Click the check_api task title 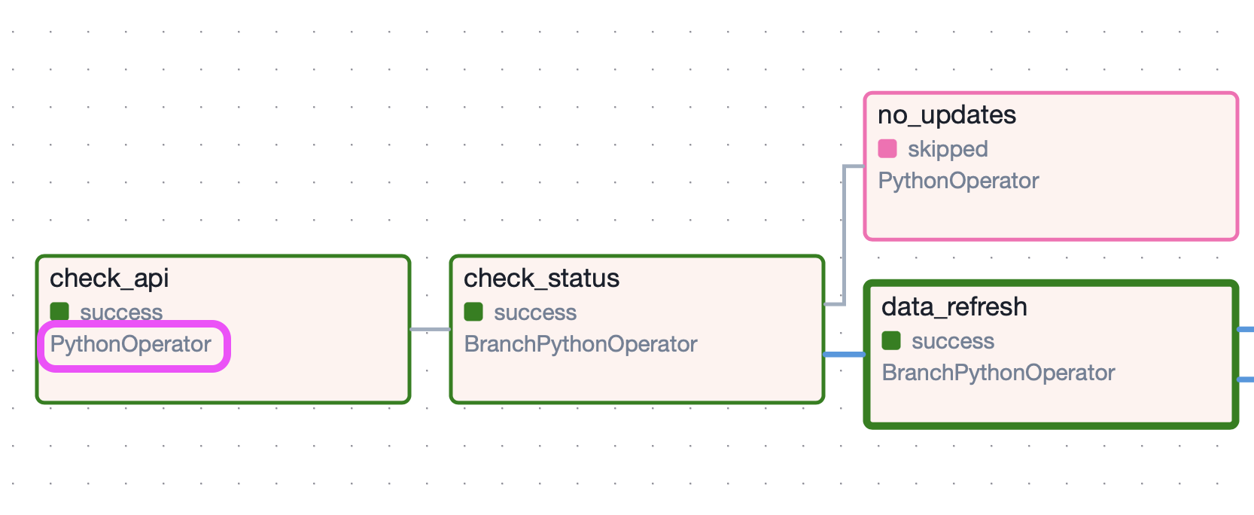[109, 279]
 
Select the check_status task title [541, 279]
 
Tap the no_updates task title [946, 115]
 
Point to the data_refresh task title [954, 307]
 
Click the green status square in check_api [59, 312]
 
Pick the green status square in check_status [473, 312]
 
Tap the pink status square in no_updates [887, 148]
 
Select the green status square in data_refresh [891, 341]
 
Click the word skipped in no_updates [948, 149]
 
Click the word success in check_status [534, 312]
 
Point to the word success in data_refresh [952, 341]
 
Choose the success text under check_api [121, 312]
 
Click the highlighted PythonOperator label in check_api [131, 345]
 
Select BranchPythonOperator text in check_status [580, 344]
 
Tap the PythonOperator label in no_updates [958, 181]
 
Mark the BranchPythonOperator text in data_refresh [998, 373]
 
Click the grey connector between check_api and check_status [430, 329]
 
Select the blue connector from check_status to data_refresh [844, 354]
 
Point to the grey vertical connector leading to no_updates [845, 233]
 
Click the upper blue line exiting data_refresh [1246, 330]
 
